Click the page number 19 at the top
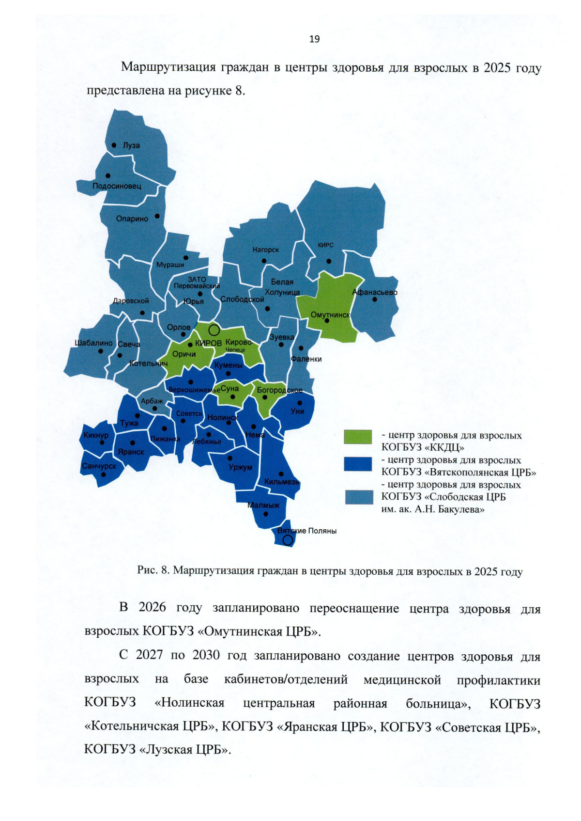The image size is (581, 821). point(314,39)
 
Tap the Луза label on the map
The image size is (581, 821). point(131,145)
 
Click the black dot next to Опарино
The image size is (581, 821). point(157,216)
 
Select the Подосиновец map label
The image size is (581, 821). point(117,186)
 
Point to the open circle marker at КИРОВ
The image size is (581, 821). point(214,331)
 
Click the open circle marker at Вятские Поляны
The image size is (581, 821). point(288,540)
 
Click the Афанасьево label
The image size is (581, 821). point(375,292)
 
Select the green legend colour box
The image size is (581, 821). point(358,437)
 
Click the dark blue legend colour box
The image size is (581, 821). point(358,464)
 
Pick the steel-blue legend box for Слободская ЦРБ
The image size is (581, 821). point(359,497)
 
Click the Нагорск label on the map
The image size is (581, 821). point(265,250)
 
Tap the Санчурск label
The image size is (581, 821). point(99,466)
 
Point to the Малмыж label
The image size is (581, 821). point(263,505)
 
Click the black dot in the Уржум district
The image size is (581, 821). point(230,458)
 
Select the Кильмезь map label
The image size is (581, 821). point(281,482)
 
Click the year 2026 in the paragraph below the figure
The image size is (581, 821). point(152,608)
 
